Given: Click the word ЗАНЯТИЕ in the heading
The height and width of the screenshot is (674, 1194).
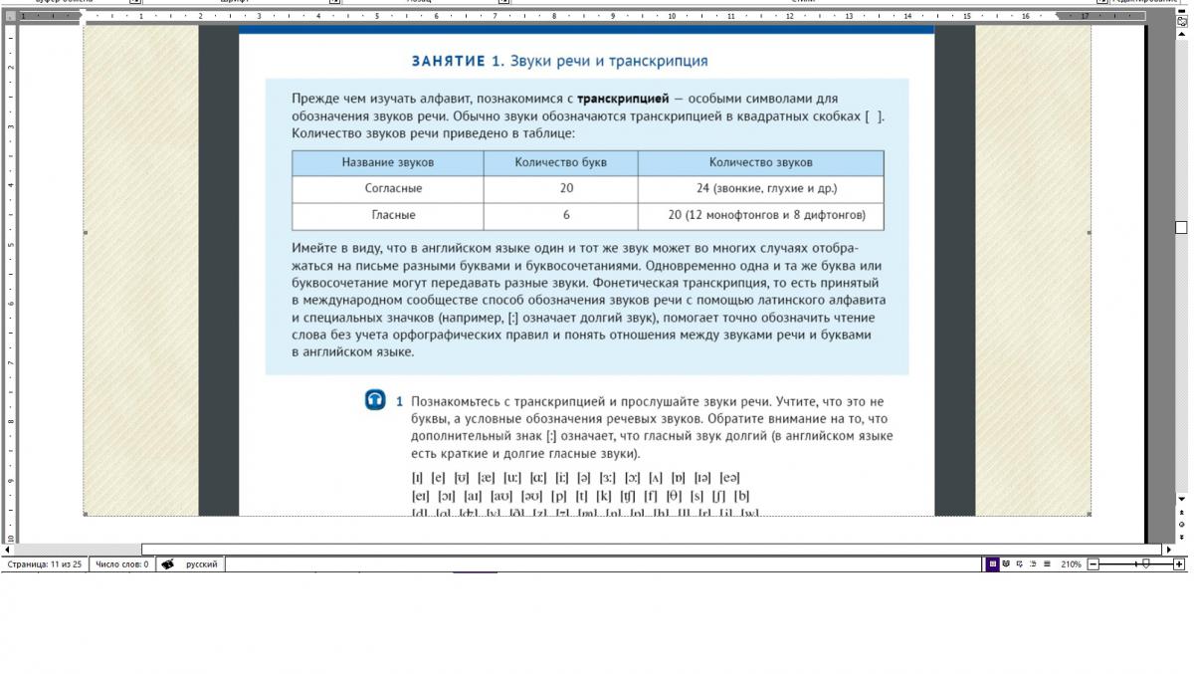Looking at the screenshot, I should tap(447, 61).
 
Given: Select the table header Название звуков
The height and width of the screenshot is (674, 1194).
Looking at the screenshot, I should tap(387, 162).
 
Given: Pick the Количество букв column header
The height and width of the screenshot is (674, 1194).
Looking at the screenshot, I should tap(560, 162).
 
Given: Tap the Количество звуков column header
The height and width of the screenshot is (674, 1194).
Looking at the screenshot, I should tap(760, 162).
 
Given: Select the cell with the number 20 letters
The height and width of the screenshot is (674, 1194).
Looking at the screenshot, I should tap(566, 188).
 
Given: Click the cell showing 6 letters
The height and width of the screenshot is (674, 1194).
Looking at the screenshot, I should tap(566, 215).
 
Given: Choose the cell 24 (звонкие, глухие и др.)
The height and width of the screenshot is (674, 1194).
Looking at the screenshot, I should tap(766, 188).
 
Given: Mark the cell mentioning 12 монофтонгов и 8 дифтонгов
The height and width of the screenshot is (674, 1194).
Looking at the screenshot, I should tap(766, 215).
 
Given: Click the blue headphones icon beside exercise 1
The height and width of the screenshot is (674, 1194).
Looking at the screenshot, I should tap(375, 400).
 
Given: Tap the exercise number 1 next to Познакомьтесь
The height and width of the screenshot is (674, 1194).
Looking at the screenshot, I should tap(400, 401).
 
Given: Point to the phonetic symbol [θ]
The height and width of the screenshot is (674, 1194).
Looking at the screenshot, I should tap(674, 495).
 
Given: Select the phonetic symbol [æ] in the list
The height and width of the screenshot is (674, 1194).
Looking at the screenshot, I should tap(487, 477).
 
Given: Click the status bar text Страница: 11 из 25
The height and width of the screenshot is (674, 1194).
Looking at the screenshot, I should tap(45, 564).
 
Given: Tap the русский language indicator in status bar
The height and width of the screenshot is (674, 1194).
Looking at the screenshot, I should tap(202, 564).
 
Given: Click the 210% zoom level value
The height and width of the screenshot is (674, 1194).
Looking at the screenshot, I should tap(1071, 564).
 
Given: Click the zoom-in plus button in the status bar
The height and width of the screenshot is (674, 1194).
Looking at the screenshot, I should tap(1179, 564).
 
